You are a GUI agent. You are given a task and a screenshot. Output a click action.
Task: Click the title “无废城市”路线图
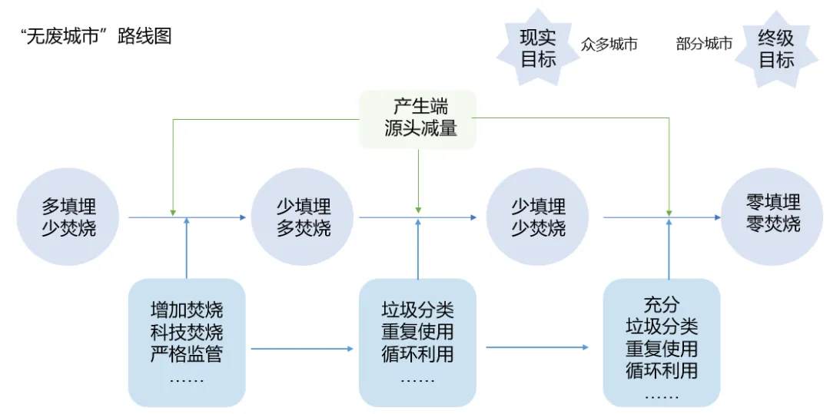96,36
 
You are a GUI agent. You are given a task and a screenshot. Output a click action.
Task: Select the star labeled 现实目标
538,48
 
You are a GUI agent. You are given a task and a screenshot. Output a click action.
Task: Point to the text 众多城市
609,45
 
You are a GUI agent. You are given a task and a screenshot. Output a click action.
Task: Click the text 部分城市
704,45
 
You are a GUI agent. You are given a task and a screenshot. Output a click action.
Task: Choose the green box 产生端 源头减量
419,118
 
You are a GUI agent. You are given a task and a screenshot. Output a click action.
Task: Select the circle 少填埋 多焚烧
304,217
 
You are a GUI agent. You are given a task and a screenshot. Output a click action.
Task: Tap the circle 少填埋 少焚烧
538,217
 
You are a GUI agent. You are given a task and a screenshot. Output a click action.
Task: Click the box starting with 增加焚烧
187,343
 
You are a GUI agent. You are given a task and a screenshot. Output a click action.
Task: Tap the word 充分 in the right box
662,305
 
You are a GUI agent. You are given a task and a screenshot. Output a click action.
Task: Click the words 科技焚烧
187,333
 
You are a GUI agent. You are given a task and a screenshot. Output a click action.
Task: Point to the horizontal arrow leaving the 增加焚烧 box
301,349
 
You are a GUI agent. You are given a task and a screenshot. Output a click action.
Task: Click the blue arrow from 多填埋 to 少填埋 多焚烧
215,217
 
